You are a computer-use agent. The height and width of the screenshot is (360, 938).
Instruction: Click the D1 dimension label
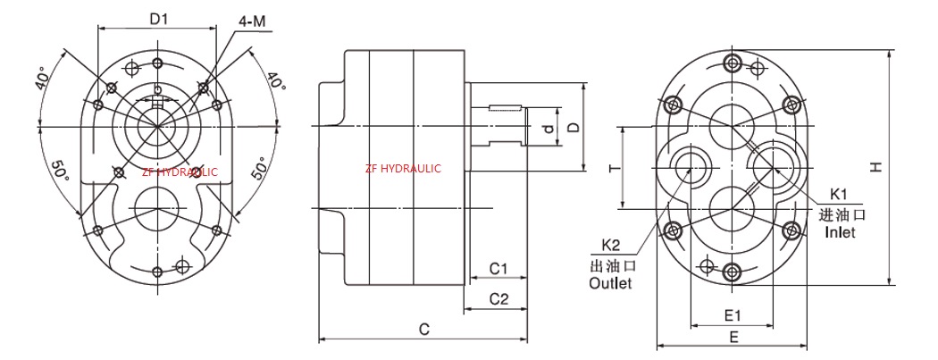pos(159,18)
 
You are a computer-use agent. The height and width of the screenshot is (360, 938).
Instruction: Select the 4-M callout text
pos(251,20)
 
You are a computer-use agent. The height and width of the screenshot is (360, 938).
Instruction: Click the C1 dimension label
pos(498,268)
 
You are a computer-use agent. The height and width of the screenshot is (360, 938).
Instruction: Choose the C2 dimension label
pos(498,299)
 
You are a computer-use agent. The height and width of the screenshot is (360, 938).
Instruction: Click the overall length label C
pos(425,330)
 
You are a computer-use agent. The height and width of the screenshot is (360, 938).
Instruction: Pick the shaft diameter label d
pos(549,131)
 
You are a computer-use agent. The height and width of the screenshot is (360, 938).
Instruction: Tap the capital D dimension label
pos(574,126)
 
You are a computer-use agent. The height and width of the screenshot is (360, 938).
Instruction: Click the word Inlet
pos(840,232)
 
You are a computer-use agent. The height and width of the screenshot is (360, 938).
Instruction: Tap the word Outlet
pos(610,283)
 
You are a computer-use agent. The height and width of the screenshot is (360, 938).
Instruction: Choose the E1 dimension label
pos(733,315)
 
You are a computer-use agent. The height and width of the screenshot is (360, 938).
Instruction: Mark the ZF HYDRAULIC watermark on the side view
pos(403,168)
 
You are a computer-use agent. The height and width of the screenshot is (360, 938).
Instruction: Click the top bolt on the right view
pos(733,63)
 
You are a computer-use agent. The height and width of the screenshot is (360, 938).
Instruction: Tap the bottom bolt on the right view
pos(733,272)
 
